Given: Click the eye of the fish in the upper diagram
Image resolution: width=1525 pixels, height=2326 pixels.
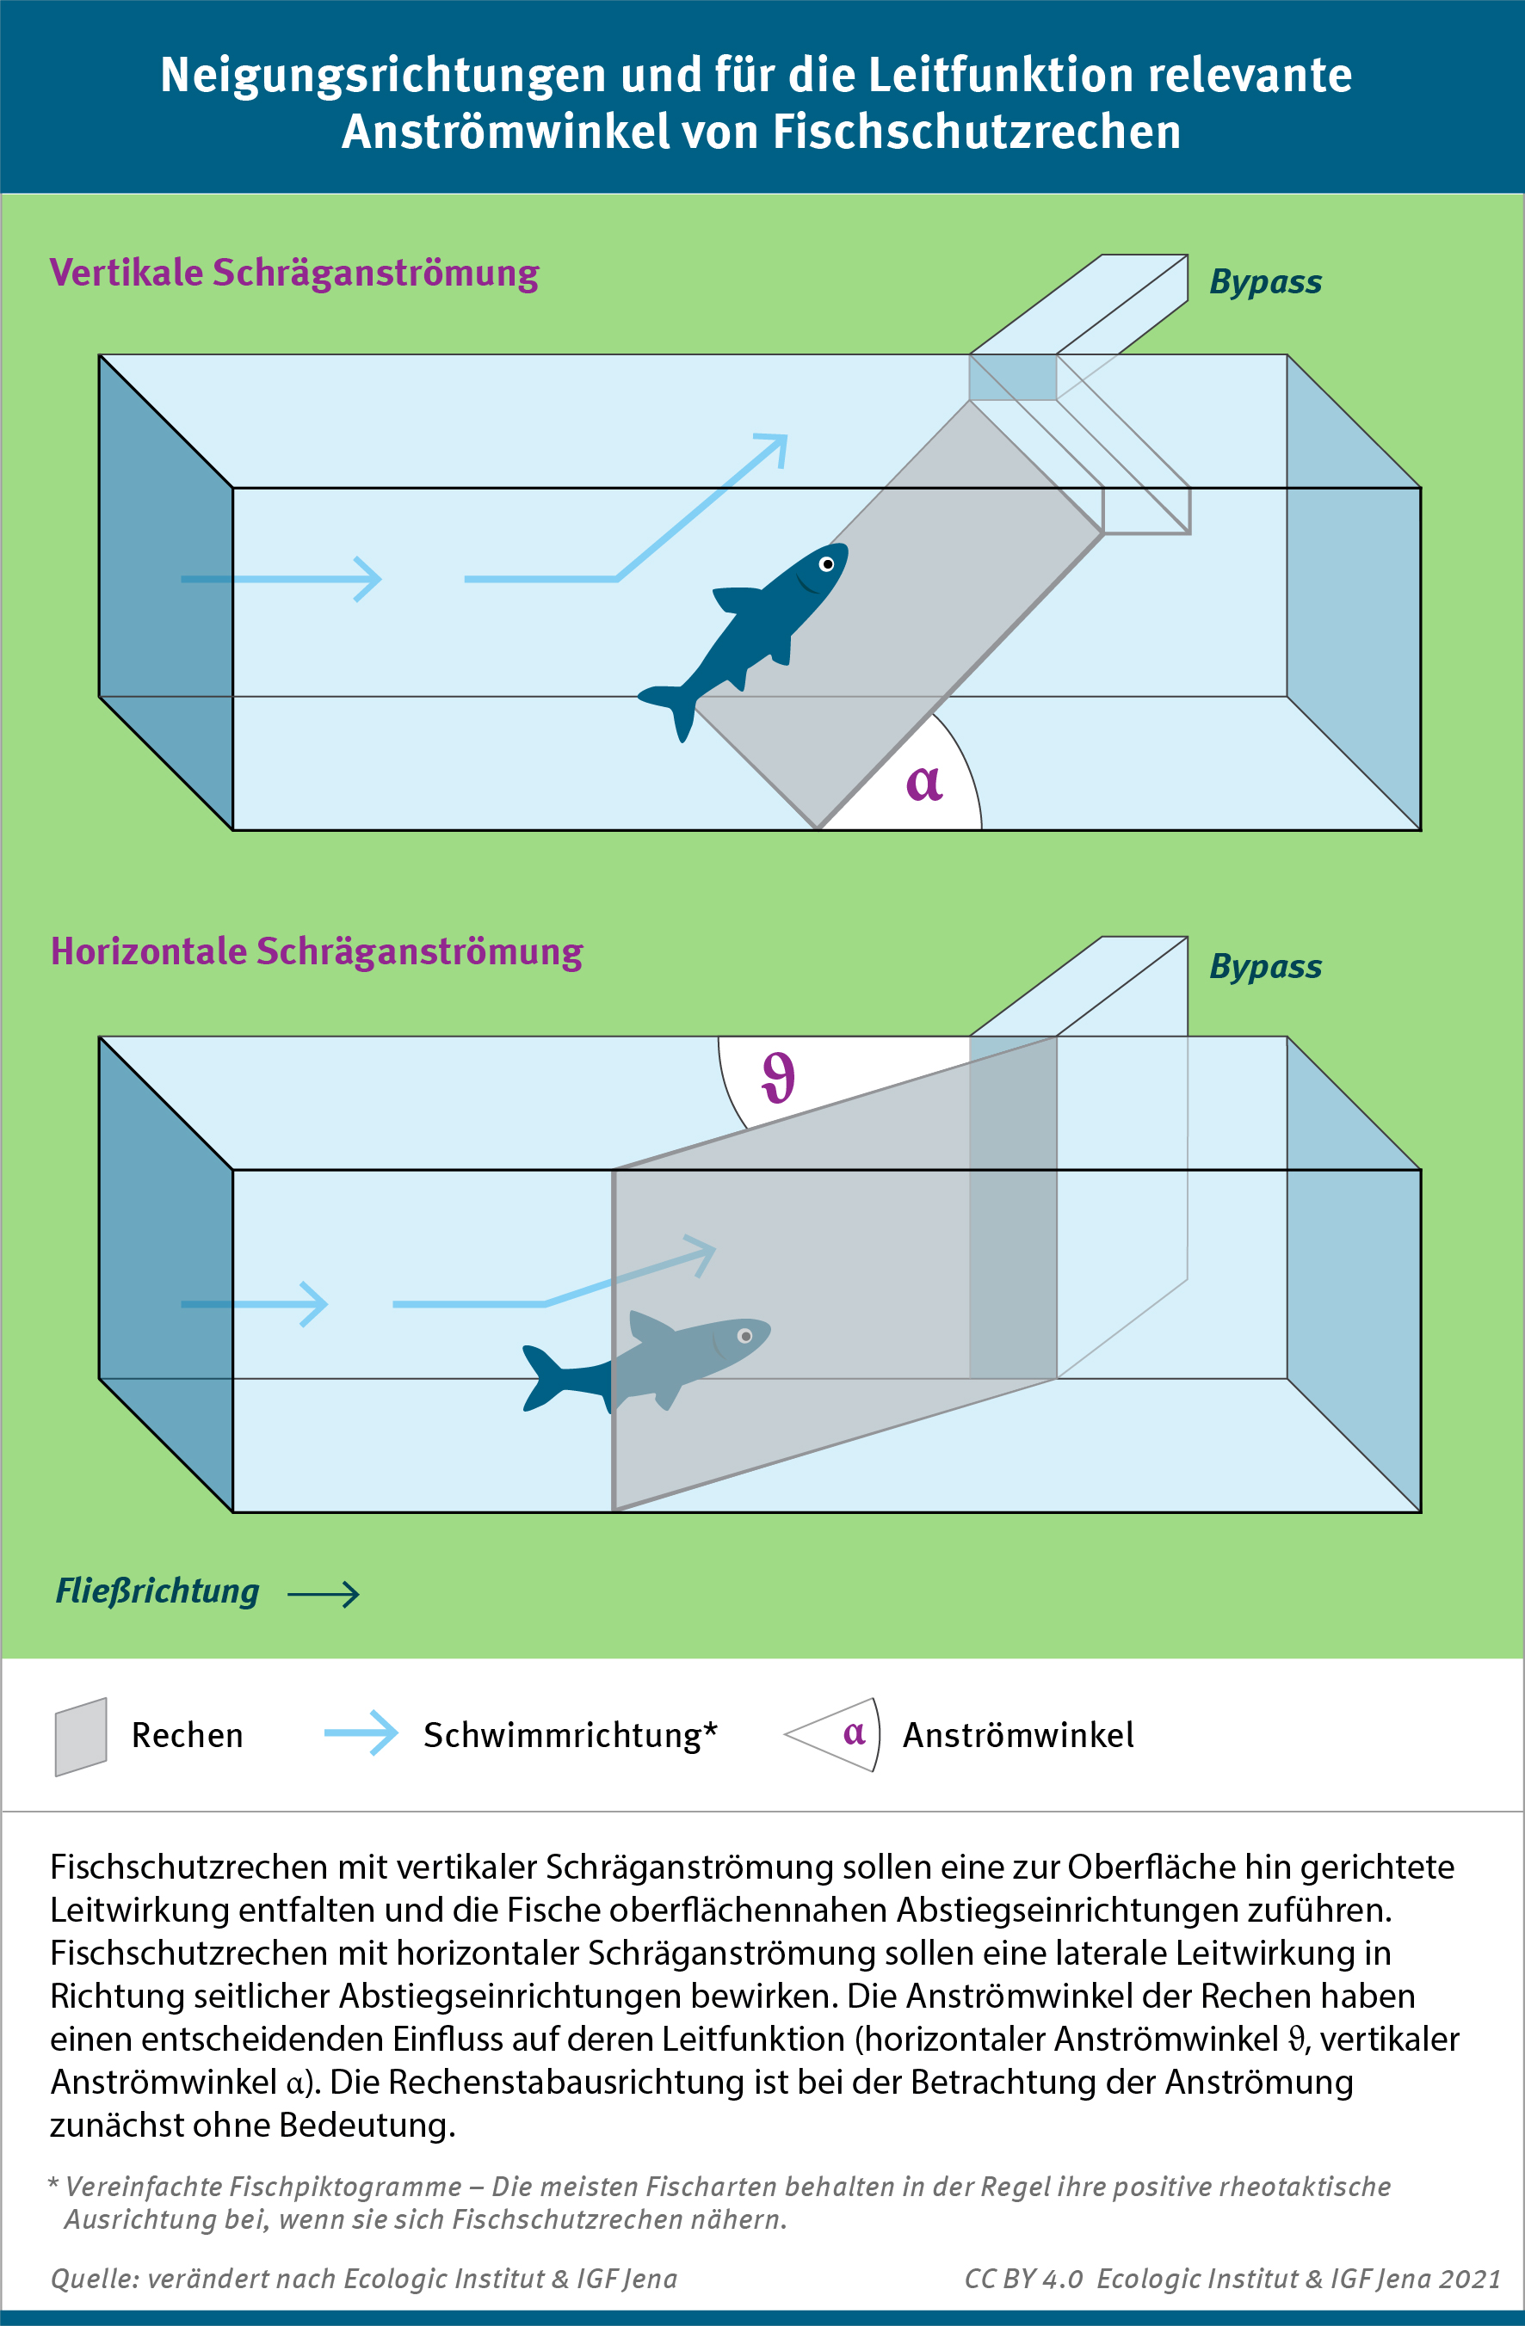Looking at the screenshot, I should (827, 564).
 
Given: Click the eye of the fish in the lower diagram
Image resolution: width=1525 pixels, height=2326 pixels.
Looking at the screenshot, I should (745, 1336).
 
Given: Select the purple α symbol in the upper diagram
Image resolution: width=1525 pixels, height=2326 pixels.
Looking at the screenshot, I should (923, 783).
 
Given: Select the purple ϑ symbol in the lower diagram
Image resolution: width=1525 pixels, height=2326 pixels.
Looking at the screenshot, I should (779, 1077).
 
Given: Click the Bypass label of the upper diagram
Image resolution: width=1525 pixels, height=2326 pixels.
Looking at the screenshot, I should (1265, 281).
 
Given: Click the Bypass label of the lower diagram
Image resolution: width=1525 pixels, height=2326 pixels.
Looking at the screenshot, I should (1265, 966).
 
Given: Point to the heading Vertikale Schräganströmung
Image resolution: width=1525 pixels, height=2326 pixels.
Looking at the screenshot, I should (294, 273).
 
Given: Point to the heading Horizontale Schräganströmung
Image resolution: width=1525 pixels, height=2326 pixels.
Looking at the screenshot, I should (317, 951).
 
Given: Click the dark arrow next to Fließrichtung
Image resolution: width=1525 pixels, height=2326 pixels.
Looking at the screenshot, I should (324, 1594).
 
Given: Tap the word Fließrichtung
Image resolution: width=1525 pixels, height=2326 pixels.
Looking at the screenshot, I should (157, 1591).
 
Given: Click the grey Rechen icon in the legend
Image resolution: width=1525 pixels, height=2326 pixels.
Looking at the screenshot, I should (80, 1737).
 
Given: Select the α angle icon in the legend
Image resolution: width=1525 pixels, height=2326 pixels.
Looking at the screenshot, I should (837, 1735).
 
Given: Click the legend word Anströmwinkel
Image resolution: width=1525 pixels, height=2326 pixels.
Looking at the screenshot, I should (1017, 1735).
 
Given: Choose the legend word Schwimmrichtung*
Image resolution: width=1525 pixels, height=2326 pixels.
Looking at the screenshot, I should (570, 1735).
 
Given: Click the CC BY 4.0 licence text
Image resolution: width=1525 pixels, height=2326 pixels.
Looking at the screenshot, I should (1022, 2278).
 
